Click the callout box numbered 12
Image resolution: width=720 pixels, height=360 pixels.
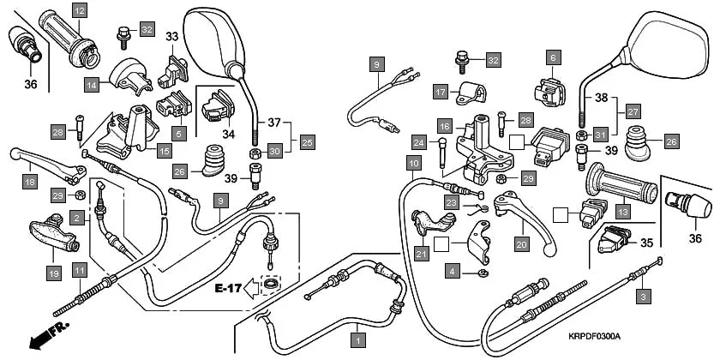pyautogui.click(x=80, y=11)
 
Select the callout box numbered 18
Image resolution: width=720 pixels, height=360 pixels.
pyautogui.click(x=30, y=182)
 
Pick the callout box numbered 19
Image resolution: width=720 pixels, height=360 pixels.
pyautogui.click(x=53, y=273)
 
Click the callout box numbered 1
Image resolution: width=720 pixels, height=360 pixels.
pyautogui.click(x=358, y=339)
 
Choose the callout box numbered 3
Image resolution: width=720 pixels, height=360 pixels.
pyautogui.click(x=641, y=297)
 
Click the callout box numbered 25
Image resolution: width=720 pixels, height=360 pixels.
pyautogui.click(x=306, y=141)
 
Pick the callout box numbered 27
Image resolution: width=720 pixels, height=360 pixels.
pyautogui.click(x=633, y=111)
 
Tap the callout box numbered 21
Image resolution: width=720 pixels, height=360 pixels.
pyautogui.click(x=420, y=253)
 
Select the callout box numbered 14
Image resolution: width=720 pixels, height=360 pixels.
pyautogui.click(x=92, y=84)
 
